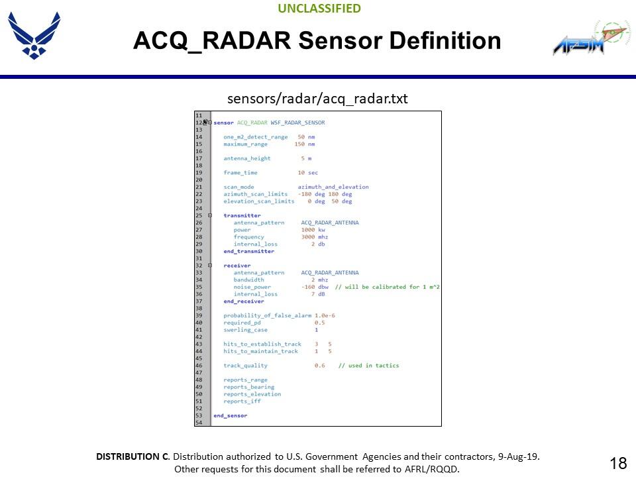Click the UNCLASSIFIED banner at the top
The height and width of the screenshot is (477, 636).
(319, 9)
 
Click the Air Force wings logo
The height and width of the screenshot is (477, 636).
(34, 34)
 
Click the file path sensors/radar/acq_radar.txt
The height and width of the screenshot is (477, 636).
(317, 99)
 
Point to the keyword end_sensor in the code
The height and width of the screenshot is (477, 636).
(230, 415)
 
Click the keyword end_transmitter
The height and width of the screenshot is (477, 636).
(248, 251)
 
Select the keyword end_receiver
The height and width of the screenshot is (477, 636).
(243, 301)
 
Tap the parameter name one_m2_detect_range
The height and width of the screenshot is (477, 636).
(255, 136)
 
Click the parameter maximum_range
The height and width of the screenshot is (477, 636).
(245, 144)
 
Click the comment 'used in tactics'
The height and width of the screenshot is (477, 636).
(369, 365)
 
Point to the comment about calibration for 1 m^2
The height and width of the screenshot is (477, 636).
(388, 287)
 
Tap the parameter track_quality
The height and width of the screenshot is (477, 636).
(245, 365)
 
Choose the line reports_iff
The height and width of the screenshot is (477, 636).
(242, 401)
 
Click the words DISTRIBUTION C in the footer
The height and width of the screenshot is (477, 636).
(132, 456)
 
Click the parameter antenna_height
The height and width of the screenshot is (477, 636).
(246, 158)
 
